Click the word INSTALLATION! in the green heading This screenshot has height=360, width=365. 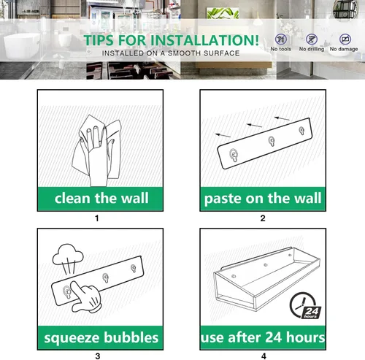[204, 40]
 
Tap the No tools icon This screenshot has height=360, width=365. [281, 39]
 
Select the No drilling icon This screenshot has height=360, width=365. [312, 39]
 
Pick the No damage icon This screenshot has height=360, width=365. [345, 39]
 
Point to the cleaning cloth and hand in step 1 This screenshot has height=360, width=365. [96, 150]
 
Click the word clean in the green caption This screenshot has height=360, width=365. [72, 198]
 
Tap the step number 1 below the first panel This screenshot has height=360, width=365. [97, 218]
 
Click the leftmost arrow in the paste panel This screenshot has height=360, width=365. [223, 135]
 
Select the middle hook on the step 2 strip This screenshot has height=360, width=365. [272, 141]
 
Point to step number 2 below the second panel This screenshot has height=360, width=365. [263, 218]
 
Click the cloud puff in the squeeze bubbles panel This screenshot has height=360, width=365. [68, 255]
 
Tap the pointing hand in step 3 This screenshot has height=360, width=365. [85, 296]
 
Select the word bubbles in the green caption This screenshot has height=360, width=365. [131, 337]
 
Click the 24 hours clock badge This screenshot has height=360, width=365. [305, 306]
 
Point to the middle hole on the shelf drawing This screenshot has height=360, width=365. [266, 265]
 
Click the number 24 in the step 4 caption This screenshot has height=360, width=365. [274, 337]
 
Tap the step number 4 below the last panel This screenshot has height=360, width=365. [264, 356]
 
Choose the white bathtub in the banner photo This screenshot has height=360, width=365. [22, 46]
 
